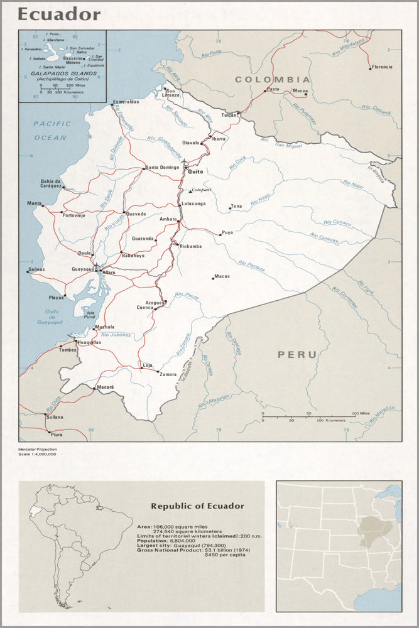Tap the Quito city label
[x=196, y=171]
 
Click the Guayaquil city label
[x=82, y=268]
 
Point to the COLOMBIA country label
[x=273, y=80]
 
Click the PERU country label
[x=298, y=355]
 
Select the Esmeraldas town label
[x=126, y=101]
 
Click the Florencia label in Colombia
[x=381, y=67]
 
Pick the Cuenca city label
[x=145, y=308]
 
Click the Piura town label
[x=57, y=434]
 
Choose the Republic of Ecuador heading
[x=197, y=506]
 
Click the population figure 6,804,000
[x=182, y=540]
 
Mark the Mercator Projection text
[x=38, y=449]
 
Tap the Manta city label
[x=33, y=203]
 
